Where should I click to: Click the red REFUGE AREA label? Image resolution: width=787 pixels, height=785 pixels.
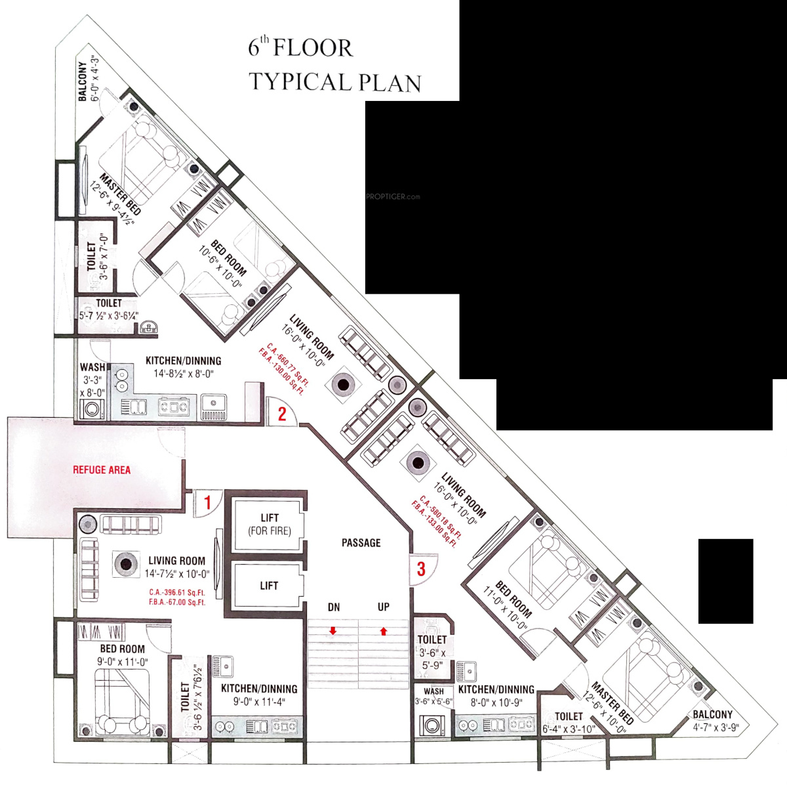(x=101, y=470)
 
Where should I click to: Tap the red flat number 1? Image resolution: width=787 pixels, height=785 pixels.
(x=207, y=503)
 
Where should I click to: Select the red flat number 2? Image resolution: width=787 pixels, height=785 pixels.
(x=282, y=414)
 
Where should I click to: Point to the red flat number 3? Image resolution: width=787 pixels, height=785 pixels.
(x=421, y=569)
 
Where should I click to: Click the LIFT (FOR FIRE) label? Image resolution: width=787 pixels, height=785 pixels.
(x=269, y=525)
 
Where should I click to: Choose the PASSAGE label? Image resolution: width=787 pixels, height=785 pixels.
(x=361, y=543)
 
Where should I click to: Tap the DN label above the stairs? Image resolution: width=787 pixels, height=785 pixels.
(x=334, y=607)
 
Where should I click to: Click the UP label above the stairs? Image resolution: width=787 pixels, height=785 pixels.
(x=384, y=607)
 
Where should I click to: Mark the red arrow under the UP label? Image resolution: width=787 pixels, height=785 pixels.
(x=383, y=631)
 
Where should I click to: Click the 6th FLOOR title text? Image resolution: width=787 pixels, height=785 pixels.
(x=300, y=48)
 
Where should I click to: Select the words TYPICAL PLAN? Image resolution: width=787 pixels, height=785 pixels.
(x=334, y=82)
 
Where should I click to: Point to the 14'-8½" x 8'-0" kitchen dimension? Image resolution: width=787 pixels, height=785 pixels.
(x=184, y=374)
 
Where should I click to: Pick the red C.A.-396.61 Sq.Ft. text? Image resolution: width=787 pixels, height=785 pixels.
(x=177, y=592)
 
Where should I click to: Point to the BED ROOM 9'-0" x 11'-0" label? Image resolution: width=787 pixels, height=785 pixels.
(x=123, y=655)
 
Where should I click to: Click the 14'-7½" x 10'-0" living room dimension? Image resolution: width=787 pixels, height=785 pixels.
(x=177, y=574)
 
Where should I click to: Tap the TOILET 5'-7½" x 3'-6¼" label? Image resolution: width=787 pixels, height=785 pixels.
(x=109, y=309)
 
